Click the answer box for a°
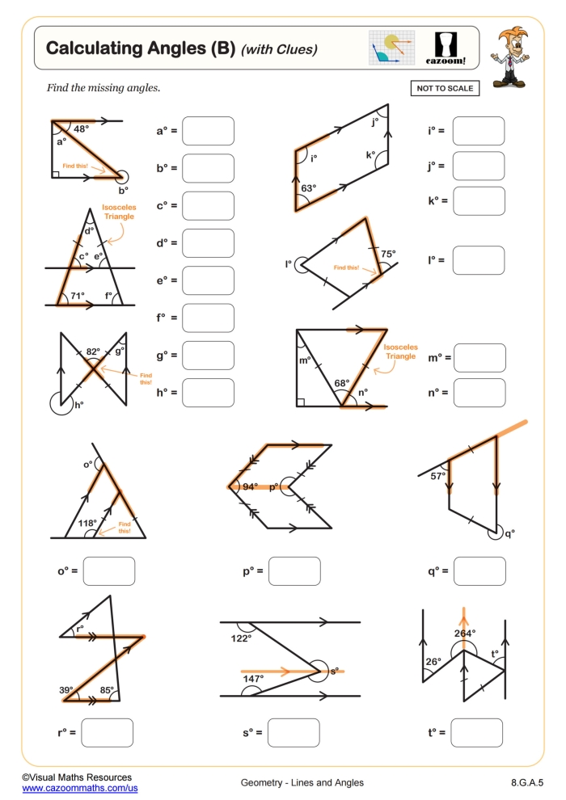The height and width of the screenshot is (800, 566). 208,131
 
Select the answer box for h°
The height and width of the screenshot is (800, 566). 208,392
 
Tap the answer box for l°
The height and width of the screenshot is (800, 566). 478,260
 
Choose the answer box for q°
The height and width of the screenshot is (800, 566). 479,571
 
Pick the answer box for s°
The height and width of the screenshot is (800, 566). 294,732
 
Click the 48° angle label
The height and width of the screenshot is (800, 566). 82,128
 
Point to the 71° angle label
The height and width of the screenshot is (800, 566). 77,296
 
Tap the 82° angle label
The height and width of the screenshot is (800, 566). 93,352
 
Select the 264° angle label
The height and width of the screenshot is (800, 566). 464,634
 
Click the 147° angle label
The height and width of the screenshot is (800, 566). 252,679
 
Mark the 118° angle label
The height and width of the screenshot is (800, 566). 87,524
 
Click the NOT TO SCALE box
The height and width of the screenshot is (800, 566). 445,88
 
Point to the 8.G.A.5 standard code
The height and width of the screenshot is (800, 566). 527,782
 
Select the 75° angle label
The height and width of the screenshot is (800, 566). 388,254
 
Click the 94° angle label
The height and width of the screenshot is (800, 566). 250,486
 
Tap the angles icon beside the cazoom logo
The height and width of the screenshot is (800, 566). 391,48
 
